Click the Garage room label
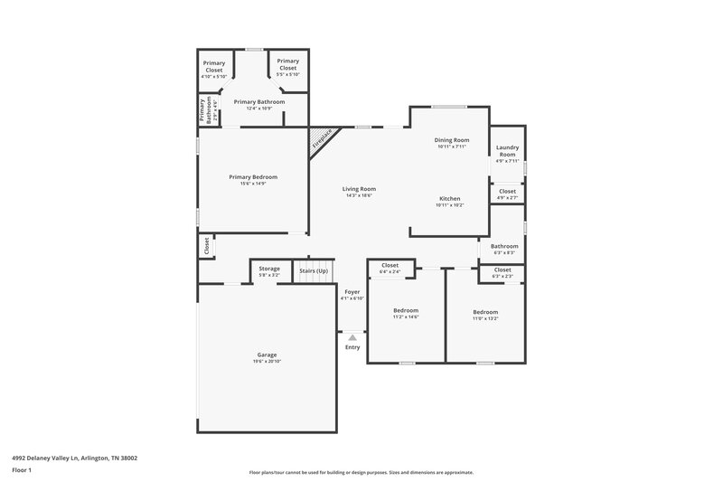click(266, 354)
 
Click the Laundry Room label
click(507, 150)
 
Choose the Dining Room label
click(453, 140)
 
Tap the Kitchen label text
click(450, 198)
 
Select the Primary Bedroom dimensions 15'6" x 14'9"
click(253, 184)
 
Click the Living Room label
click(359, 188)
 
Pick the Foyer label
click(352, 291)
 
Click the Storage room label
click(269, 269)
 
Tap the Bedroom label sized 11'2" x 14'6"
click(406, 310)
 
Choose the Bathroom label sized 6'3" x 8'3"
click(504, 246)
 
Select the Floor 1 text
click(22, 470)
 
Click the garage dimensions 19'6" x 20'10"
click(266, 362)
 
